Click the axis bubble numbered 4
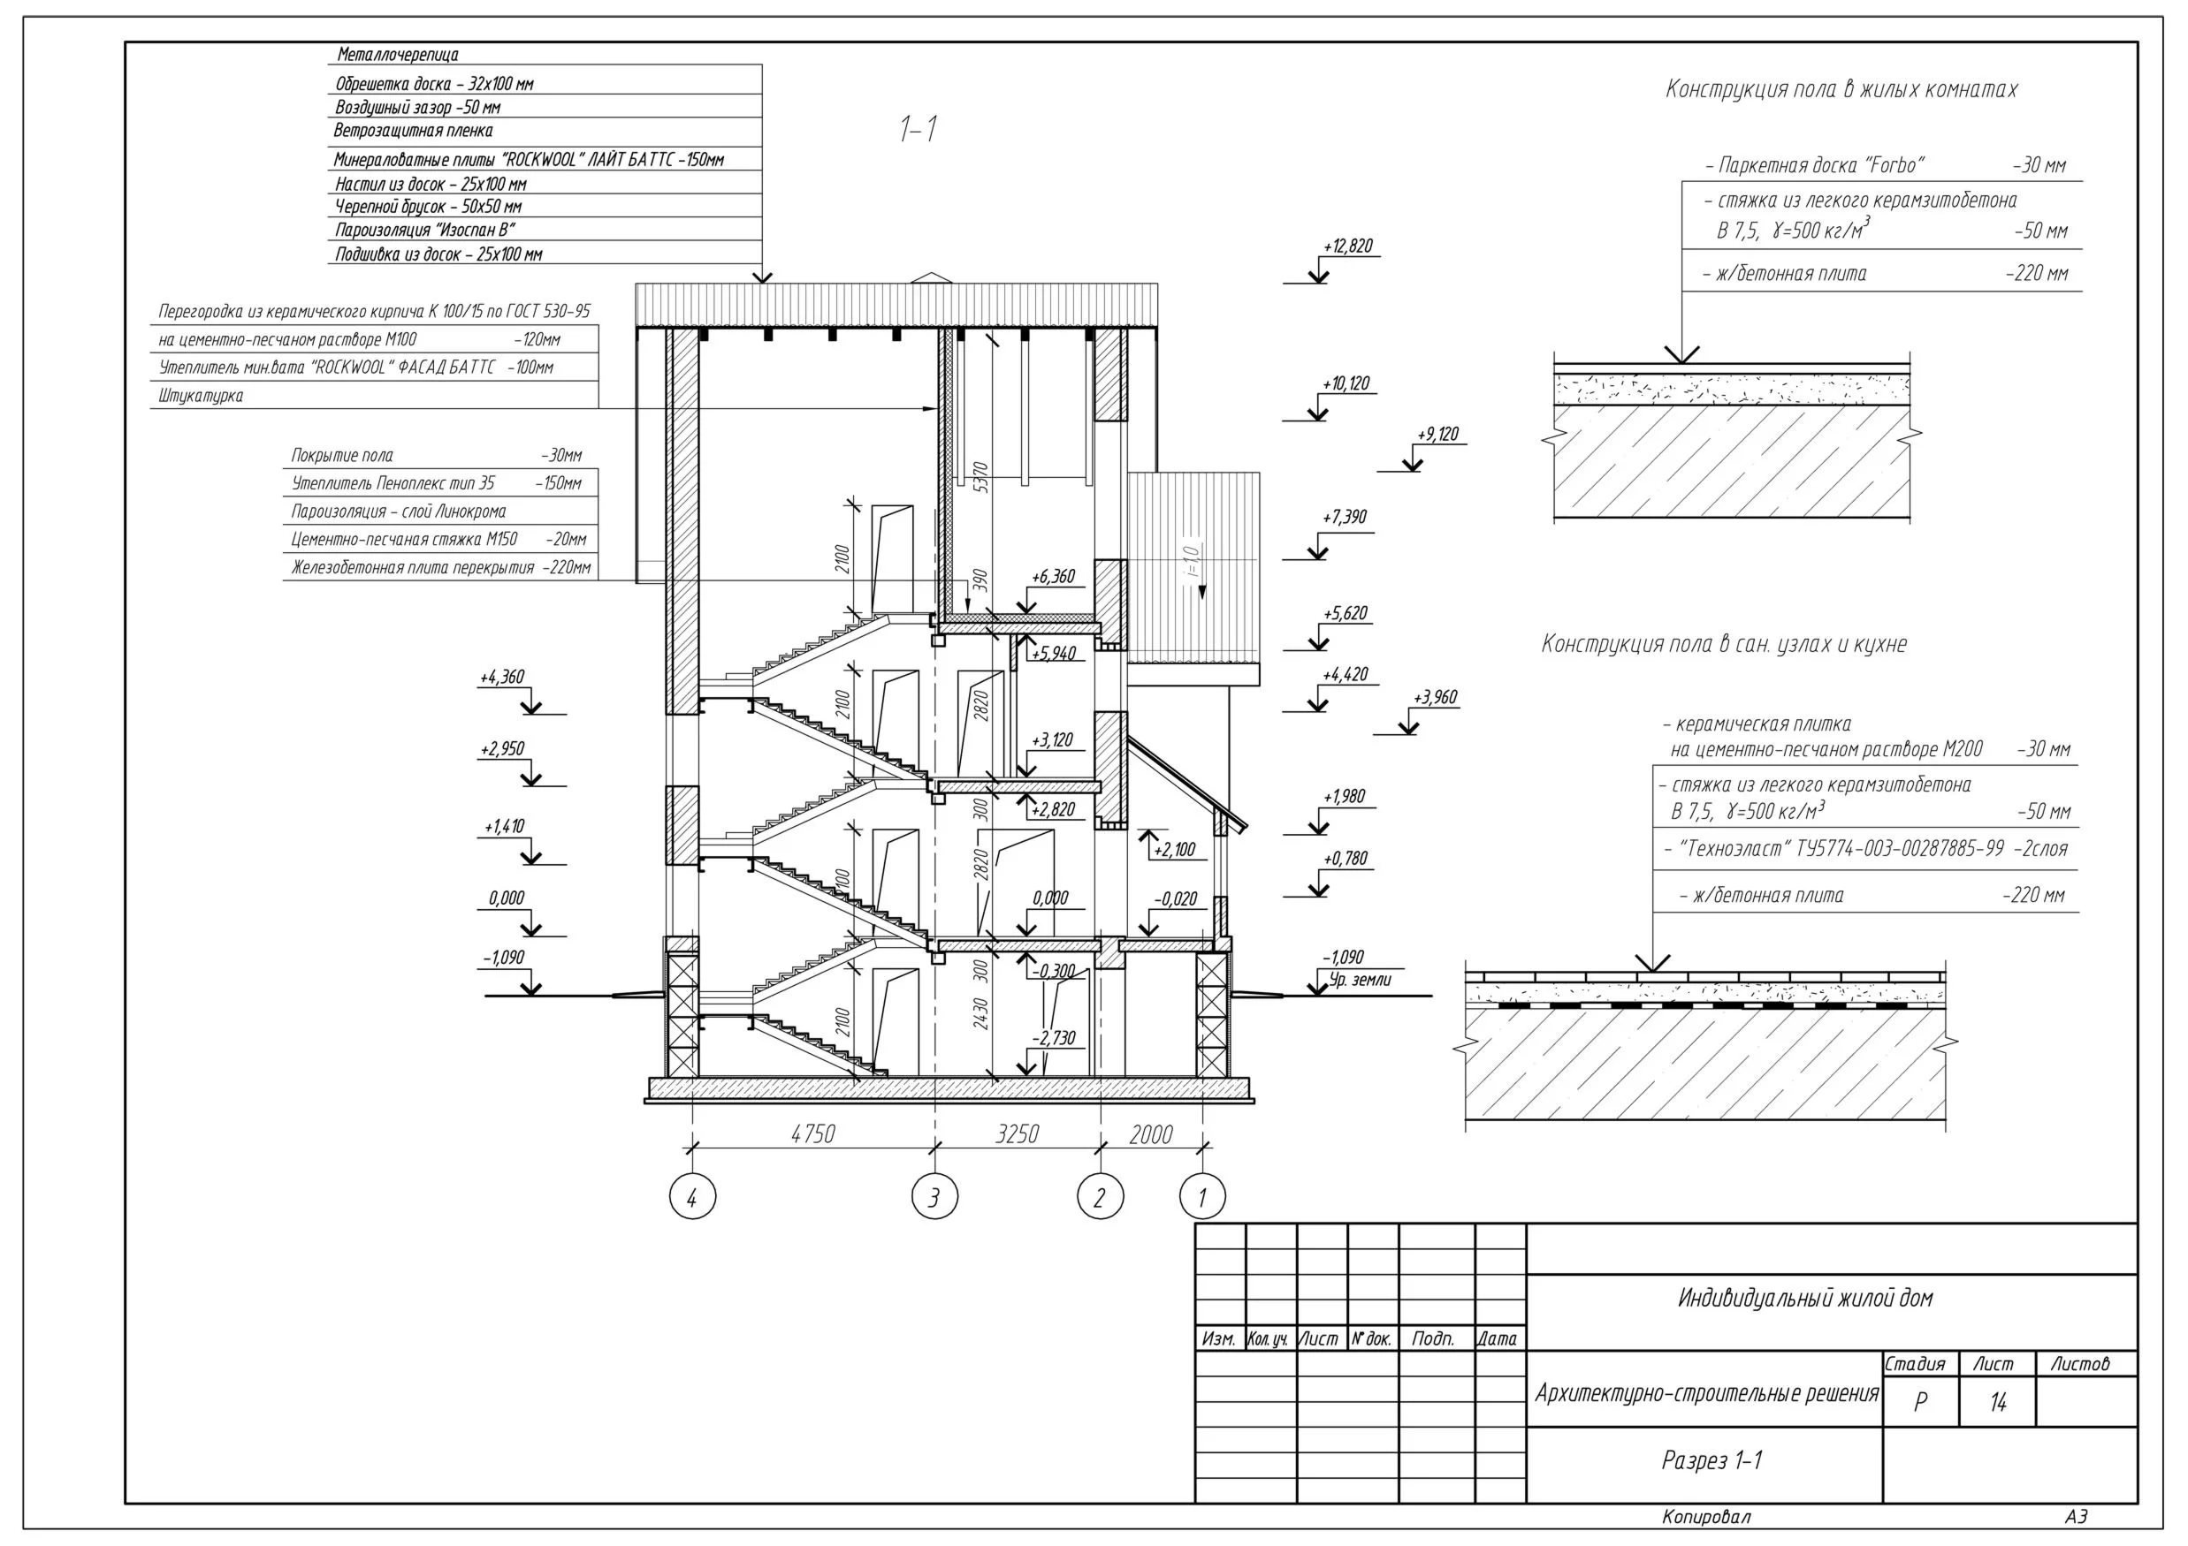click(x=692, y=1196)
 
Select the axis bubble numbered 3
click(x=934, y=1196)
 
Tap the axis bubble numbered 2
click(x=1100, y=1196)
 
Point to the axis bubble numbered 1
click(x=1201, y=1196)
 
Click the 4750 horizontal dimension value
click(x=813, y=1133)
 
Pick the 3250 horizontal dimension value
click(x=1017, y=1133)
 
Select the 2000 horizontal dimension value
click(x=1150, y=1133)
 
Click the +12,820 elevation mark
click(x=1347, y=246)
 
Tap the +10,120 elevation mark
click(x=1346, y=384)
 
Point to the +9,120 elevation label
click(x=1438, y=435)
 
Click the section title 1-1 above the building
click(x=919, y=129)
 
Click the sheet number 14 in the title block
click(x=1997, y=1402)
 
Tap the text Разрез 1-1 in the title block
click(x=1712, y=1460)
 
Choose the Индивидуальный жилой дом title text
click(x=1805, y=1299)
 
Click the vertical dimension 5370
click(x=980, y=476)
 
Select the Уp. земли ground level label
click(x=1360, y=979)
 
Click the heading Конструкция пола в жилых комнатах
click(x=1841, y=89)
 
